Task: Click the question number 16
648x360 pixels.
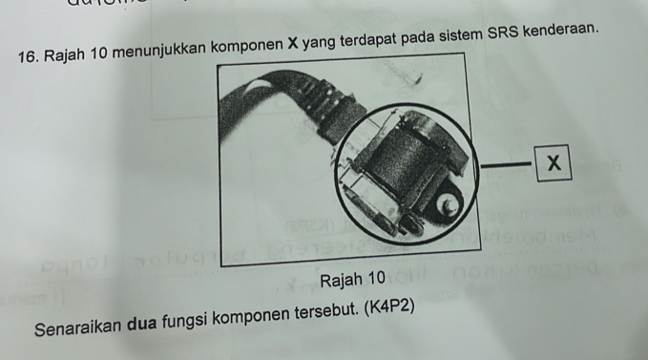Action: (x=28, y=57)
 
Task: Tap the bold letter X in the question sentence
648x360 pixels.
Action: (x=293, y=43)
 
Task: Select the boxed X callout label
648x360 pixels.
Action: (x=554, y=163)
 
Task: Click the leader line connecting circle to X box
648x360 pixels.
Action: (x=506, y=165)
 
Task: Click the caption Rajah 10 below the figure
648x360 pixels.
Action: (x=352, y=280)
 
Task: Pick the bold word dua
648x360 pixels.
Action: (x=142, y=324)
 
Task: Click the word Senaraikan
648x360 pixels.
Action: (x=78, y=328)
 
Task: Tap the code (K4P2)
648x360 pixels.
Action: (x=388, y=307)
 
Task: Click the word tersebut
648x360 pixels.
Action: (x=326, y=313)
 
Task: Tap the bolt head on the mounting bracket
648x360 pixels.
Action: (x=448, y=203)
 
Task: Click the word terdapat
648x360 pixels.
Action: (x=368, y=40)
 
